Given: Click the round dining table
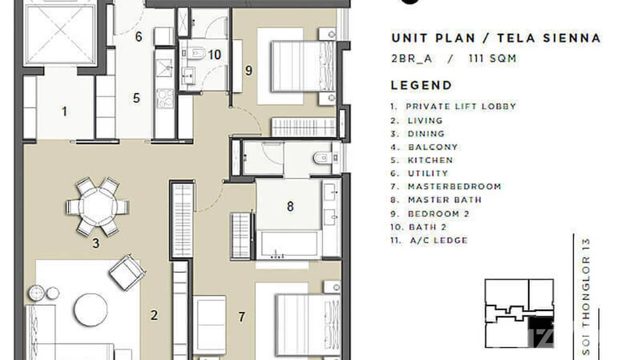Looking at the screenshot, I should click(x=97, y=207).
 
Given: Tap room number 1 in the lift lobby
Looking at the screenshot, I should click(x=64, y=112).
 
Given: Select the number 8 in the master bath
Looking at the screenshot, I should click(x=290, y=207).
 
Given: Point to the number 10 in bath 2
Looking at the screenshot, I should click(x=214, y=55).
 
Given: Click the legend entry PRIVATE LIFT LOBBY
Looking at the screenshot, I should click(x=460, y=106).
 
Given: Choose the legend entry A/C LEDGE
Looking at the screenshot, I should click(x=437, y=240).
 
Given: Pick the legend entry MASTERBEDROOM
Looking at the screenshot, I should click(x=454, y=187).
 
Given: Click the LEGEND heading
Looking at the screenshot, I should click(x=421, y=85).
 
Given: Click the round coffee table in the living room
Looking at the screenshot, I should click(x=91, y=309).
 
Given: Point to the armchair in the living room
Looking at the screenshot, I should click(x=127, y=272).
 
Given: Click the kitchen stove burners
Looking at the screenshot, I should click(x=165, y=98).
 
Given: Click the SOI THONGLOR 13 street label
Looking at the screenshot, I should click(x=587, y=296).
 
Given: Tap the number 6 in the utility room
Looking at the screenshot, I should click(x=139, y=37).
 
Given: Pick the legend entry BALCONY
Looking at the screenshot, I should click(x=432, y=147).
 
